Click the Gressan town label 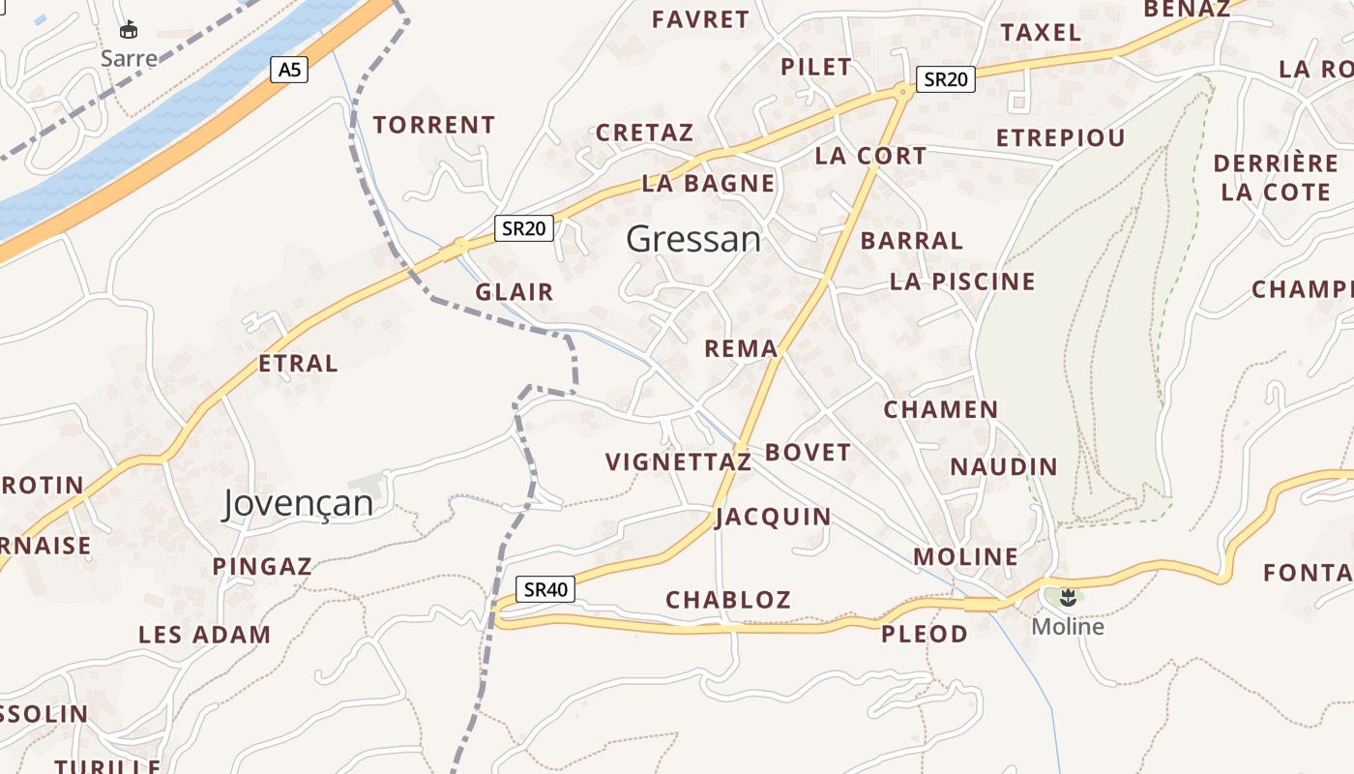(693, 239)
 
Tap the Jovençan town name (298, 503)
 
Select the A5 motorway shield (288, 70)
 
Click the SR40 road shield (545, 589)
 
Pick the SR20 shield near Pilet (945, 79)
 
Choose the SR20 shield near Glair (524, 228)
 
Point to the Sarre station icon (128, 30)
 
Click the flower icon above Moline (1068, 597)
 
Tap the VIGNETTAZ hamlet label (678, 462)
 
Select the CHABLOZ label (728, 600)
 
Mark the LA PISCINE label (962, 282)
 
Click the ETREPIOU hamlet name (1061, 137)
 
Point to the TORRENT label (434, 125)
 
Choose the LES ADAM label (204, 635)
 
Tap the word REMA (741, 348)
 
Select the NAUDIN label (1004, 466)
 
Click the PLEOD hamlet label (925, 634)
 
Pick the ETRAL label (298, 364)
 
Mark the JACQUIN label (773, 517)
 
